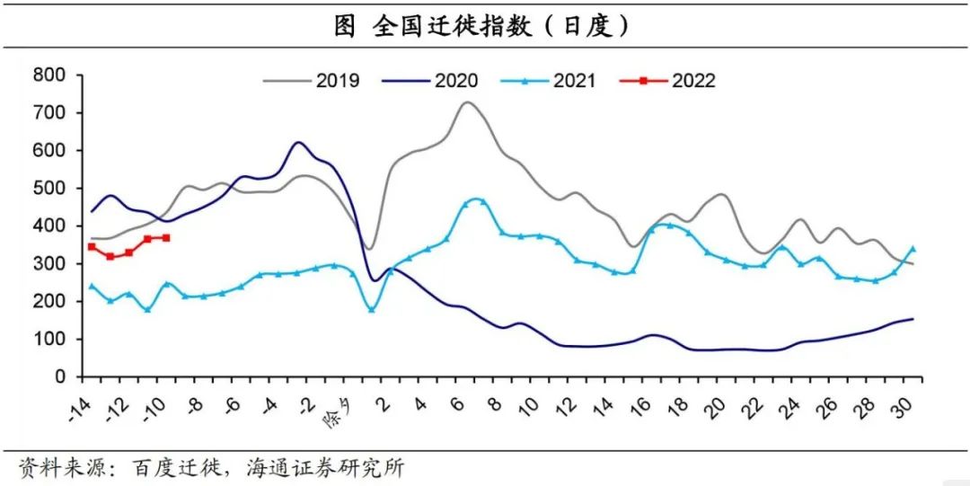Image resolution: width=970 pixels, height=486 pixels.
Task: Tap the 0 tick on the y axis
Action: [59, 376]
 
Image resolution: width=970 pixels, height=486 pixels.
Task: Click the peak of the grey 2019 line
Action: [467, 102]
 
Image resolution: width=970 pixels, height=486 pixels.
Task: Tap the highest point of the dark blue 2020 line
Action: [297, 142]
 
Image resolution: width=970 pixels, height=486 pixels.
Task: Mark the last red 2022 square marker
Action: [166, 238]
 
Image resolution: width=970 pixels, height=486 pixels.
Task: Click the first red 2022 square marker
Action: [92, 246]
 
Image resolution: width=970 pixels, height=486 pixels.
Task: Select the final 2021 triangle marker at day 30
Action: [913, 249]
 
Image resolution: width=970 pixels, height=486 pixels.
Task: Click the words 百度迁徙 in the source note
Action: [184, 467]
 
